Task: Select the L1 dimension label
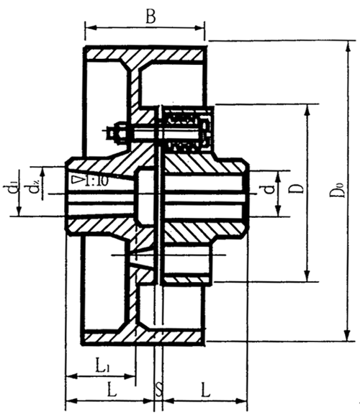click(104, 367)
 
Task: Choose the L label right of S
click(205, 391)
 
